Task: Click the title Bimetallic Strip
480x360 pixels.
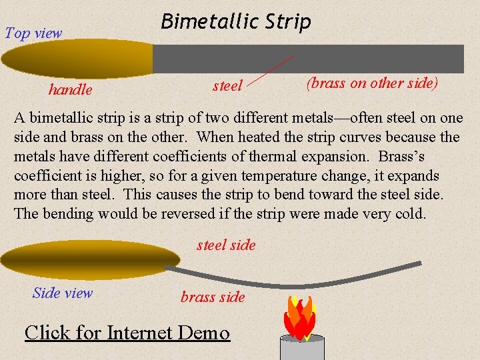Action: (x=236, y=22)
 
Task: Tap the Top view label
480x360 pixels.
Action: (x=33, y=33)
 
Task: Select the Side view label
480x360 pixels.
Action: (x=63, y=293)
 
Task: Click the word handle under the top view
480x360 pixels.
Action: (x=70, y=89)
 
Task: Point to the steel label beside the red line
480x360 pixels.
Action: (x=227, y=85)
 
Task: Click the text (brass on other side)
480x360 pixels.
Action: (x=372, y=83)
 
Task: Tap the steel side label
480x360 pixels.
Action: (x=226, y=245)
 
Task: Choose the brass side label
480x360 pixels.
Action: (x=213, y=297)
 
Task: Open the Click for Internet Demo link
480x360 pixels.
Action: (x=127, y=332)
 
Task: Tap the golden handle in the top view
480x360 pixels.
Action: (x=77, y=58)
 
